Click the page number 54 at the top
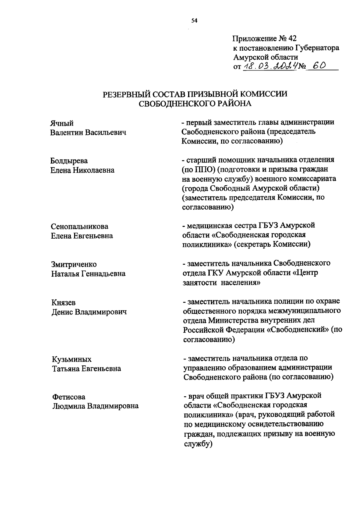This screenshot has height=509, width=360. (194, 21)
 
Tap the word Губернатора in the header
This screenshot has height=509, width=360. (317, 48)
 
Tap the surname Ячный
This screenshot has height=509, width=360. (62, 123)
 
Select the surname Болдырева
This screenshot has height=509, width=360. (69, 161)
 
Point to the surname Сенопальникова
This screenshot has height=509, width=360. (79, 226)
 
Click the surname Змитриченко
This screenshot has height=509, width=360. (74, 264)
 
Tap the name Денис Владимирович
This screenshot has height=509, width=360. (89, 312)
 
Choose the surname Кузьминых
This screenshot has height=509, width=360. (72, 359)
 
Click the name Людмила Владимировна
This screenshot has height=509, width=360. (95, 406)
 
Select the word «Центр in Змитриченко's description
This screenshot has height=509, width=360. (305, 273)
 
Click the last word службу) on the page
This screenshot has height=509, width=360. (198, 444)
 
